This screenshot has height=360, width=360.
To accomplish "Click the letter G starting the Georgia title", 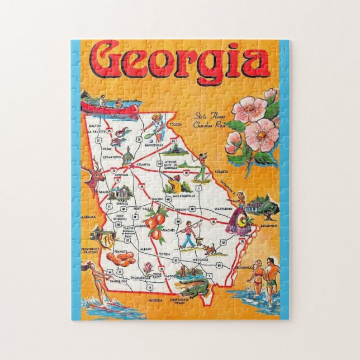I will click(x=106, y=60).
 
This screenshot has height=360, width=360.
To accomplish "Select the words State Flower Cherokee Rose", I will click(x=207, y=120).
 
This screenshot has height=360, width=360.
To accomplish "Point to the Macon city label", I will click(x=158, y=198).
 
